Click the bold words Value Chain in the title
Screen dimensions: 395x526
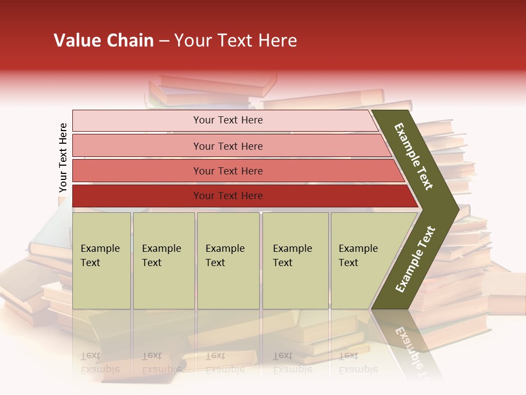[104, 41]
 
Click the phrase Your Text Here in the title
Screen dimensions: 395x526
[236, 41]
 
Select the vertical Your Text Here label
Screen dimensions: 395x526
[63, 157]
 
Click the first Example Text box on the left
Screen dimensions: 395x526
[101, 261]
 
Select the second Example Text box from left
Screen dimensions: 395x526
[163, 261]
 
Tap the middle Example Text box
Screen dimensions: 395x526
[228, 261]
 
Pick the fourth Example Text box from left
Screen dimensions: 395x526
[295, 261]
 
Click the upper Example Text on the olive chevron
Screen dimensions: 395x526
[414, 156]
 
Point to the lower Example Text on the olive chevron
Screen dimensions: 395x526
[415, 259]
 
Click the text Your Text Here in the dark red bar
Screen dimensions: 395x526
[228, 196]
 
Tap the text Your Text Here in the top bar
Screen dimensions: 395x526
[228, 120]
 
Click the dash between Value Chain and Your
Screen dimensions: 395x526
[164, 41]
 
